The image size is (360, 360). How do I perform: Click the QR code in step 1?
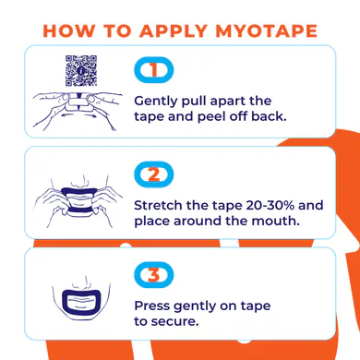point(81,70)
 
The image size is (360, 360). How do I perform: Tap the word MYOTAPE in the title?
point(267,30)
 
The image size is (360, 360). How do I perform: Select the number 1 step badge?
point(154,70)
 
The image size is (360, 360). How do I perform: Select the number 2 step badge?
point(154,174)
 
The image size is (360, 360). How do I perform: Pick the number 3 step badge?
point(154,275)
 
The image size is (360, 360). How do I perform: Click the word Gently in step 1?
point(156,102)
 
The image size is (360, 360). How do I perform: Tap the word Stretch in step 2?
point(158,205)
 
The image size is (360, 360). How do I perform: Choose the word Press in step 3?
point(151,306)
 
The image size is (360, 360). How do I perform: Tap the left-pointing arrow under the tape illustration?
point(67,115)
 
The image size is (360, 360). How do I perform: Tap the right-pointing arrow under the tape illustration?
point(90,115)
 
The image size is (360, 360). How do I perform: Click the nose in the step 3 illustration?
point(81,282)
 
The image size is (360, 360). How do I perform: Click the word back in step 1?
point(269,116)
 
